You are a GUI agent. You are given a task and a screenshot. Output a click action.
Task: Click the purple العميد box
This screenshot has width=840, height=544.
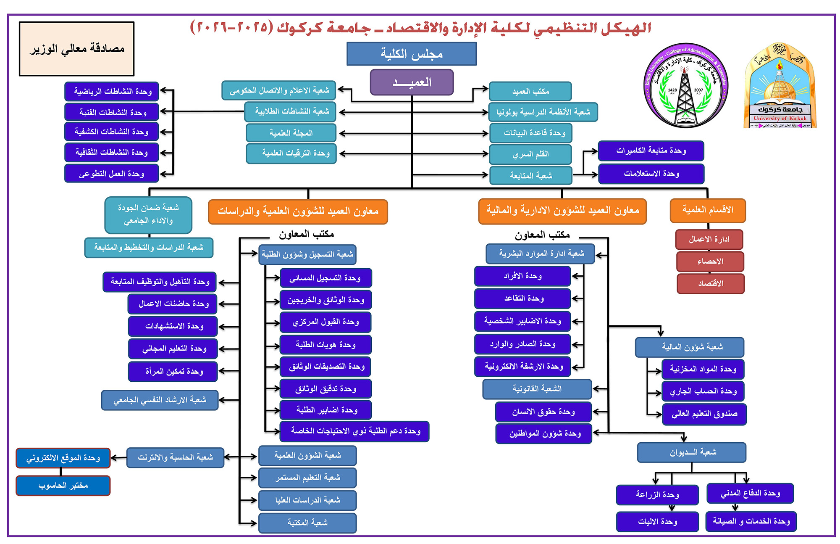click(x=412, y=82)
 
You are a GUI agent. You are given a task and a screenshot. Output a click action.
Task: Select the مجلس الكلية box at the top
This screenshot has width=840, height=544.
click(x=412, y=54)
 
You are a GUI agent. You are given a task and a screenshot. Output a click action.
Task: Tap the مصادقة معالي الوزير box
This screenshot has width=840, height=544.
click(x=77, y=49)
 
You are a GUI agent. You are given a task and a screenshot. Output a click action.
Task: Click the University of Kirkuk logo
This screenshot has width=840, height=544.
click(x=780, y=86)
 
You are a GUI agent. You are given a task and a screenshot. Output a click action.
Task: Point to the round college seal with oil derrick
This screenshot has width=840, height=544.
click(x=685, y=86)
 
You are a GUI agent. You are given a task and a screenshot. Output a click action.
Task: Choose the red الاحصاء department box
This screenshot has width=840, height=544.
click(x=710, y=261)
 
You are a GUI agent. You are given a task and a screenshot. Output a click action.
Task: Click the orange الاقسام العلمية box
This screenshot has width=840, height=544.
click(x=708, y=210)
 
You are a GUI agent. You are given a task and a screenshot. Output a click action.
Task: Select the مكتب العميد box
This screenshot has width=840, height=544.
click(x=530, y=91)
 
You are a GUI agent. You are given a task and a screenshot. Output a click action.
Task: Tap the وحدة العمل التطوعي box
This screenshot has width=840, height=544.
click(x=112, y=174)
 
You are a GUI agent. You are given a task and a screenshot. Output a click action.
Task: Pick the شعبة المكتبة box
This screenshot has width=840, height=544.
click(x=307, y=523)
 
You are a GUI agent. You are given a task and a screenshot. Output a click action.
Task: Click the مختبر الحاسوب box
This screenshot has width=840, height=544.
click(x=63, y=486)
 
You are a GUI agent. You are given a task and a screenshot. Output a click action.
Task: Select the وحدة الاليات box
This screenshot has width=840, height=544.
click(x=657, y=521)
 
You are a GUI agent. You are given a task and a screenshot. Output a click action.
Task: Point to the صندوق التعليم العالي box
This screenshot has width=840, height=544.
click(x=704, y=414)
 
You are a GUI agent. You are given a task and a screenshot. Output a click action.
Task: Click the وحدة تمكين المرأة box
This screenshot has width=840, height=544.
click(x=173, y=372)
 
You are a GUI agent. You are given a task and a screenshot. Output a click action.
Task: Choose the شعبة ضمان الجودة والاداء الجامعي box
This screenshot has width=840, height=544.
click(x=148, y=214)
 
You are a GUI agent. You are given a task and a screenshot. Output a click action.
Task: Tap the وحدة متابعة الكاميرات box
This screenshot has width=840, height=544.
click(x=651, y=151)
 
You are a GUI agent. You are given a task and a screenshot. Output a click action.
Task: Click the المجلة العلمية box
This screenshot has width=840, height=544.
click(x=291, y=133)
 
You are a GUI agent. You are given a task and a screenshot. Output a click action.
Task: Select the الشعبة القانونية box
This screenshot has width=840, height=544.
click(x=537, y=389)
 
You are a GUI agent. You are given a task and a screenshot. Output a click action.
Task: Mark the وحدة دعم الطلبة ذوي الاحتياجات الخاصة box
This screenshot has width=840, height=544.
click(x=355, y=431)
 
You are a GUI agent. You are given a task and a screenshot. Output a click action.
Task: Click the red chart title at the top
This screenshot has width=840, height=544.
click(x=420, y=28)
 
